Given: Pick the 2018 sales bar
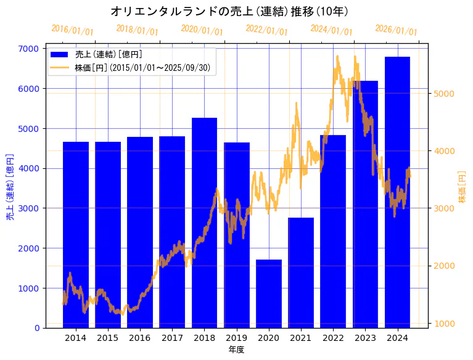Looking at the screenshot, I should point(204,223).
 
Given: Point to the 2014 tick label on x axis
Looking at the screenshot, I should point(76,338).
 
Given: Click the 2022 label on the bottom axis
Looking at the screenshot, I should point(333,338).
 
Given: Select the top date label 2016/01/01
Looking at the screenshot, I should point(72,30).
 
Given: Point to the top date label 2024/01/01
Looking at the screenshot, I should point(332,30).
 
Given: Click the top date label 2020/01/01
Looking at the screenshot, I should point(202,30).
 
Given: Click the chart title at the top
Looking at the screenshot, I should point(229,11).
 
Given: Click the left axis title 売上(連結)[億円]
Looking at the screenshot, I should point(10,187).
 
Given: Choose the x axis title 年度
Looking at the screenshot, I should point(236,350).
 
